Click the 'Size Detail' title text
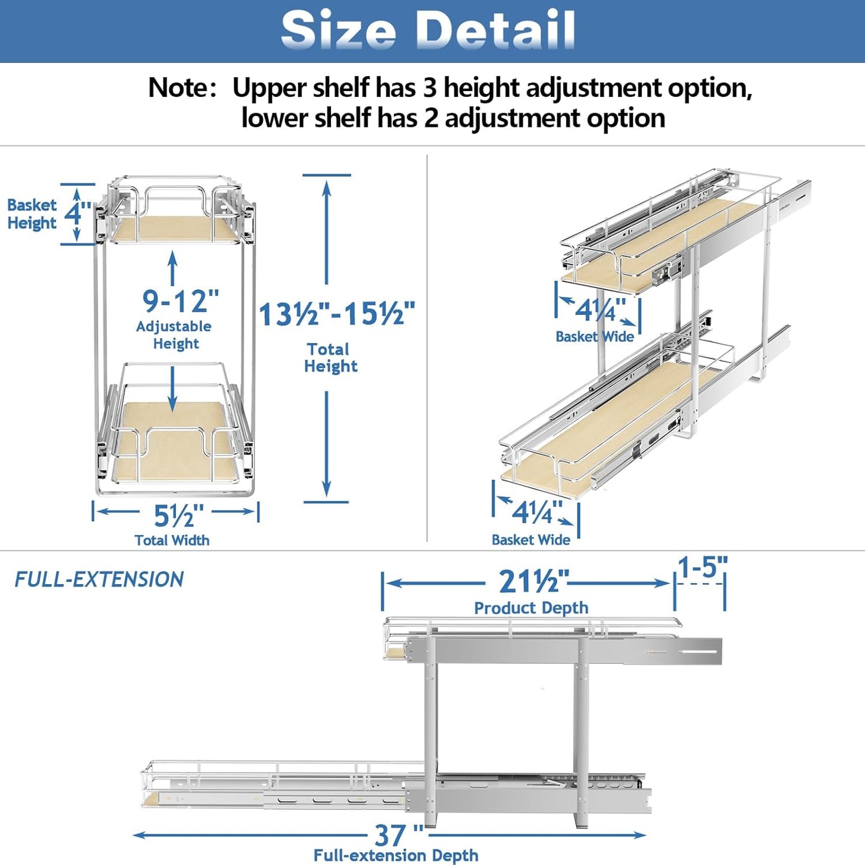click(428, 31)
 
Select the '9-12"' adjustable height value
click(180, 301)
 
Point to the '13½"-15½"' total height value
click(337, 314)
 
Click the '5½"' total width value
click(178, 515)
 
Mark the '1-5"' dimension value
click(702, 567)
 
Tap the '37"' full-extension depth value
click(398, 834)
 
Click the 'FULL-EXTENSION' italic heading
click(99, 579)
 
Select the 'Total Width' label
click(172, 540)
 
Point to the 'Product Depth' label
click(531, 608)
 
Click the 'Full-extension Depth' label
click(396, 855)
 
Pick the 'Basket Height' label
click(32, 214)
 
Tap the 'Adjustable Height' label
click(174, 335)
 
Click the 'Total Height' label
click(330, 357)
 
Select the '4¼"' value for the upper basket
click(600, 310)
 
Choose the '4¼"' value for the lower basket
click(536, 512)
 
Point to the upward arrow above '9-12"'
click(173, 268)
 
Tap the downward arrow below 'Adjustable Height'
click(173, 389)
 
